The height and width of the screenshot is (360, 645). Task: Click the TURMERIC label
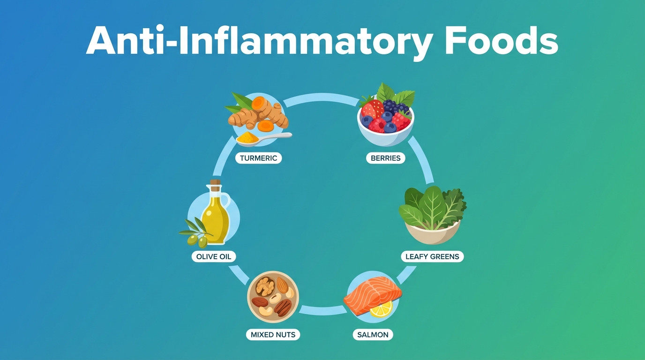click(x=258, y=158)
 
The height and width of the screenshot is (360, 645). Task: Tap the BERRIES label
click(x=386, y=158)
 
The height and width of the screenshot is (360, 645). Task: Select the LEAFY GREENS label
click(x=432, y=256)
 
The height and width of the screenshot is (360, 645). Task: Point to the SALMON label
click(x=373, y=335)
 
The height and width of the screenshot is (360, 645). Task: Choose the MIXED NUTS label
click(x=273, y=335)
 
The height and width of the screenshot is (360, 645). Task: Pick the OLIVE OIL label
click(x=214, y=256)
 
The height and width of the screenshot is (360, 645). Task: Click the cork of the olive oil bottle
click(x=215, y=183)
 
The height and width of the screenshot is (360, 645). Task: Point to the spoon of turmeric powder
click(x=263, y=138)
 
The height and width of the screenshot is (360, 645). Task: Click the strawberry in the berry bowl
click(x=372, y=108)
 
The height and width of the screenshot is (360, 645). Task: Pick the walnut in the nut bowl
click(x=265, y=286)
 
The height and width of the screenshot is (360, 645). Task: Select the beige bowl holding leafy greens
click(x=433, y=232)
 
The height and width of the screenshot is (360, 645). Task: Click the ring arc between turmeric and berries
click(x=322, y=98)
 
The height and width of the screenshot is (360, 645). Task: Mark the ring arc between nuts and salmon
click(x=323, y=310)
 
